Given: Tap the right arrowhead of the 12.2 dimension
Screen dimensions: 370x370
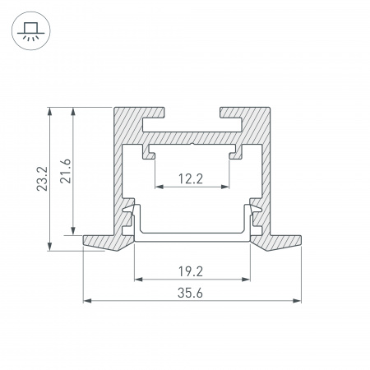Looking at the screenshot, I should click(227, 187).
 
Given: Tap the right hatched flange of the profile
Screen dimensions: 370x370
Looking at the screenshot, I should click(280, 241).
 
